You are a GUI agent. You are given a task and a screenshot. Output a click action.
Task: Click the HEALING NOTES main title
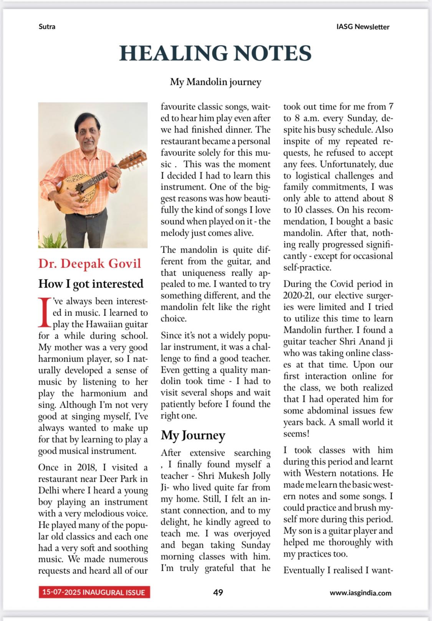click(x=215, y=53)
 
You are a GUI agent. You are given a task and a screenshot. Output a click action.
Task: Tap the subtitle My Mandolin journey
click(x=215, y=82)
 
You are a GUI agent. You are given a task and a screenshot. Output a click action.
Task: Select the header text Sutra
click(x=47, y=26)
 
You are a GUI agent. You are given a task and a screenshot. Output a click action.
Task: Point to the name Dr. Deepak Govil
click(x=89, y=264)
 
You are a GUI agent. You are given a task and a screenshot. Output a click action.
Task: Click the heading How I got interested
click(x=91, y=284)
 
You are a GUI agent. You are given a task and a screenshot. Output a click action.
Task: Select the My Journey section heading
click(x=193, y=435)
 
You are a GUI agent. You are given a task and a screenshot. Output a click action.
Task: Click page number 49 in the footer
click(x=218, y=592)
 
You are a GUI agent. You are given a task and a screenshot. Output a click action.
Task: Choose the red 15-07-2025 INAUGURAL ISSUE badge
click(x=94, y=592)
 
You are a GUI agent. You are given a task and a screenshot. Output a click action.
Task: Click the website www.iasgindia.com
click(x=360, y=593)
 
